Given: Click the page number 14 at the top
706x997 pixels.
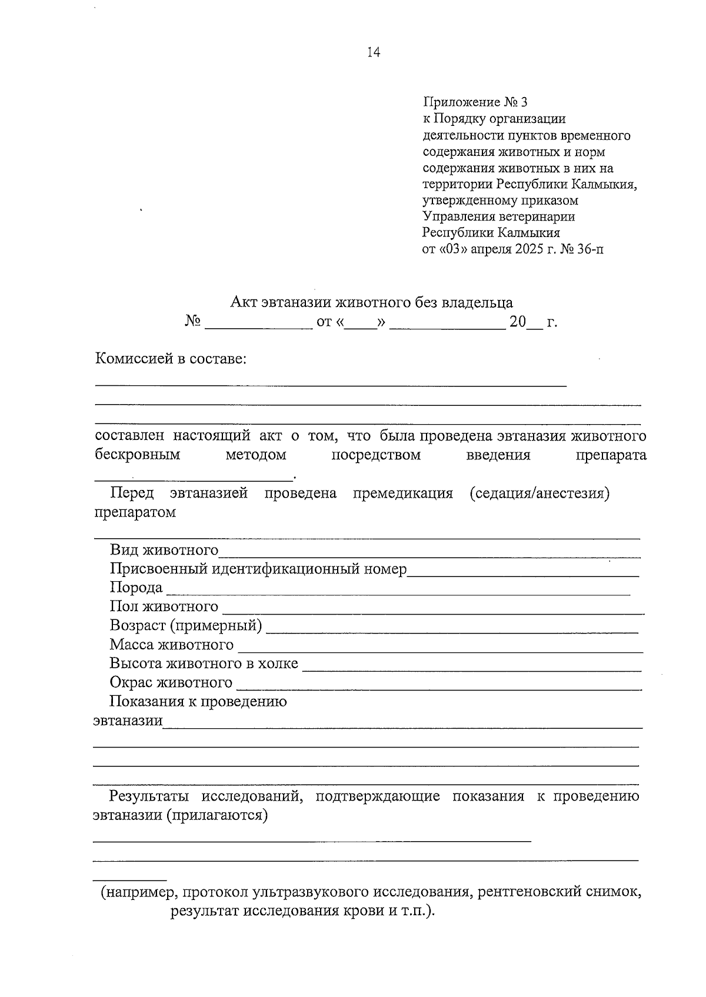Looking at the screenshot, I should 374,53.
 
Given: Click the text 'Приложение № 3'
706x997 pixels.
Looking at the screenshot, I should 475,103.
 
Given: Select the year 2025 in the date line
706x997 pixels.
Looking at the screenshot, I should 530,249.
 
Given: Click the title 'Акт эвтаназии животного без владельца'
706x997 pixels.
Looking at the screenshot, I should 371,303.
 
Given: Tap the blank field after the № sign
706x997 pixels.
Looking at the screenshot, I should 258,324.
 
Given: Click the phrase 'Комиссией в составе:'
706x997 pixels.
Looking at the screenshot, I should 171,359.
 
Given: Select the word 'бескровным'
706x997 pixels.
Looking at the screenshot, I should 138,455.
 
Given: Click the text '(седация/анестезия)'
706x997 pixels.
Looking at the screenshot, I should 539,494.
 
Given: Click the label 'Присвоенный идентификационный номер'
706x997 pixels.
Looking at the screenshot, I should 258,569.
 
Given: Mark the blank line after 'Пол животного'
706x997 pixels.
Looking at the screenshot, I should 432,609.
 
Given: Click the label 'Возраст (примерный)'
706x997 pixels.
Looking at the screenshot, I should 186,626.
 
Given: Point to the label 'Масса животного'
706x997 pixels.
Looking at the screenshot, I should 172,645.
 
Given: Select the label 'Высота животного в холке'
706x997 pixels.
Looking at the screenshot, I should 204,664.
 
